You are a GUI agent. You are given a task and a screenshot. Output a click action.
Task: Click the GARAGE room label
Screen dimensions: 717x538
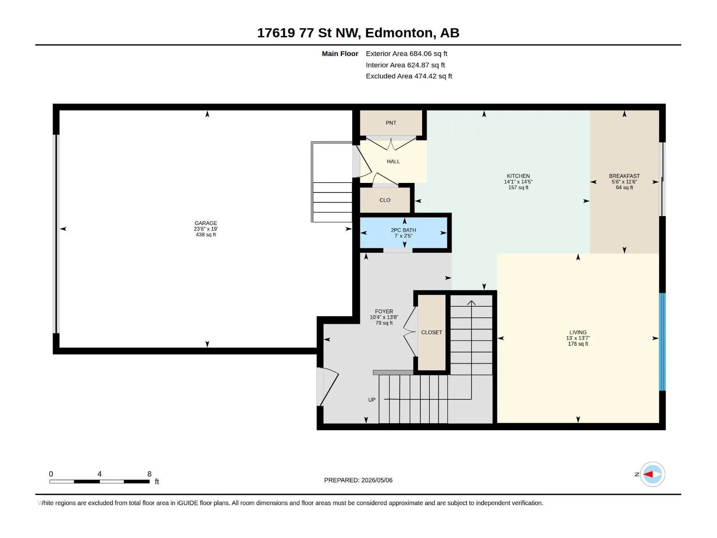click(x=206, y=223)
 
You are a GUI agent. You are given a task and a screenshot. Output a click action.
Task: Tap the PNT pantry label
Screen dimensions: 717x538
click(x=391, y=123)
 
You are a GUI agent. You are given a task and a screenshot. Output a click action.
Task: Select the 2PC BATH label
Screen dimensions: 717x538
click(x=403, y=230)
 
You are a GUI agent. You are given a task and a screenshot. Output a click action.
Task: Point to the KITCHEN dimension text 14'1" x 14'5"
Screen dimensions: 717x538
click(x=518, y=182)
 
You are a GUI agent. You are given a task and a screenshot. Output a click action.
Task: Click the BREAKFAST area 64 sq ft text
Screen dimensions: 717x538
click(x=624, y=187)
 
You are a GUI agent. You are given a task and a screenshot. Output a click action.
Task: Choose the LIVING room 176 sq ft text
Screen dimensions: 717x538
click(x=578, y=344)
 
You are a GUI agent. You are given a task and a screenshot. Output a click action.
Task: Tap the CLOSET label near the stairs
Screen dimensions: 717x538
click(x=432, y=332)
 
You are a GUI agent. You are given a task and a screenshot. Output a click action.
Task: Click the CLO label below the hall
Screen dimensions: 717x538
click(x=385, y=200)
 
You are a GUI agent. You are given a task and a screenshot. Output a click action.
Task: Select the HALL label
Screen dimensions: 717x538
click(x=393, y=161)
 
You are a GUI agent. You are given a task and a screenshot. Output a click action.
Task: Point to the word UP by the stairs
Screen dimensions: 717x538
click(x=372, y=400)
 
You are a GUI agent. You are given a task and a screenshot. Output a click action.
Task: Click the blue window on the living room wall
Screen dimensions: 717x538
click(x=662, y=342)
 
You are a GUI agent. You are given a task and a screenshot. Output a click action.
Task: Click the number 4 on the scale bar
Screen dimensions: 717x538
click(x=99, y=474)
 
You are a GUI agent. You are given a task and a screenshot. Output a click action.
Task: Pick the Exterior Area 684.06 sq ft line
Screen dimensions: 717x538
click(x=406, y=53)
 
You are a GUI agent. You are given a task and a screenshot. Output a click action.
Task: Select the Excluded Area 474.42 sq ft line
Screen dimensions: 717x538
click(x=409, y=76)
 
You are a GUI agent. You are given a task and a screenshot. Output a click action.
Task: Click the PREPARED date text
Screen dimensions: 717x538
click(x=358, y=480)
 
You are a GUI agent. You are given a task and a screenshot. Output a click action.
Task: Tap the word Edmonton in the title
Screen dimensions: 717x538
click(x=399, y=33)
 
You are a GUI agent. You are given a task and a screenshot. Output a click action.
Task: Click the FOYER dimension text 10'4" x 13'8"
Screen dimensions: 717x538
click(x=384, y=317)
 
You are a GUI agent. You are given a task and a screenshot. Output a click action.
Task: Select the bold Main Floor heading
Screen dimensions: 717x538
click(x=340, y=53)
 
